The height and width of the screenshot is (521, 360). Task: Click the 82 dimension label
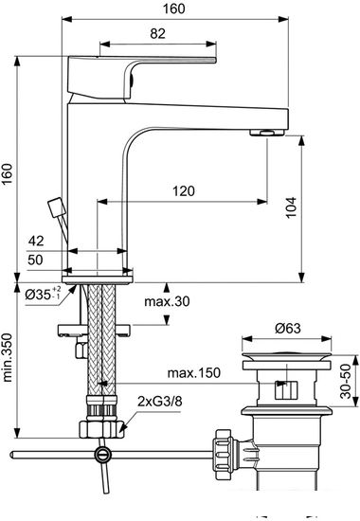[x=157, y=33]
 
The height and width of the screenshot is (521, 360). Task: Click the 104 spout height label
[x=291, y=207]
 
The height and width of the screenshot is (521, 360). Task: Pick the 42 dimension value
[x=36, y=241]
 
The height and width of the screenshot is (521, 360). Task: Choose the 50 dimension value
[x=35, y=260]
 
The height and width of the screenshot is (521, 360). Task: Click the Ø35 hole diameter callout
[x=43, y=294]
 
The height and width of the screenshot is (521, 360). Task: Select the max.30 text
[x=167, y=301]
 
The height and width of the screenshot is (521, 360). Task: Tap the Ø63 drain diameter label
[x=288, y=329]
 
